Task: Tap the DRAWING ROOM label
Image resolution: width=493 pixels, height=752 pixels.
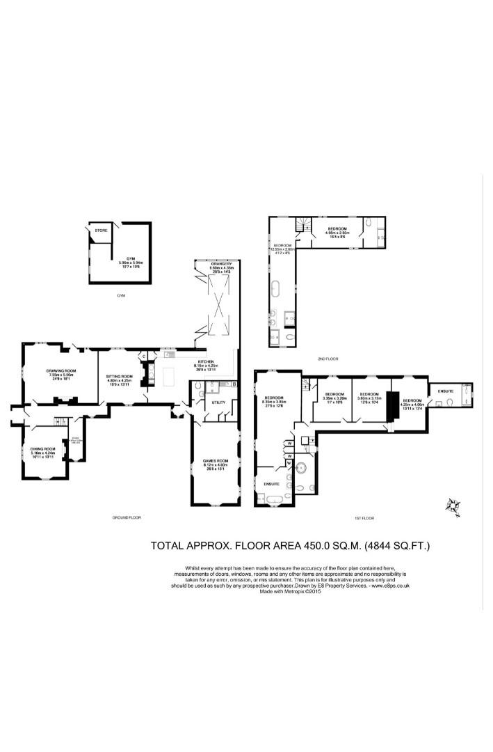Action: pos(60,370)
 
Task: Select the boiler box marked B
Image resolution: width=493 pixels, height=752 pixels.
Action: pos(234,384)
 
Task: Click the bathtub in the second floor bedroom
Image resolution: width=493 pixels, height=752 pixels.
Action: pos(275,286)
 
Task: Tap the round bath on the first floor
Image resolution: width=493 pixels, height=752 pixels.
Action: pos(303,467)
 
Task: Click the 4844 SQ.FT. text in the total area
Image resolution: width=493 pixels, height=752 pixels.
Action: pos(396,545)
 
